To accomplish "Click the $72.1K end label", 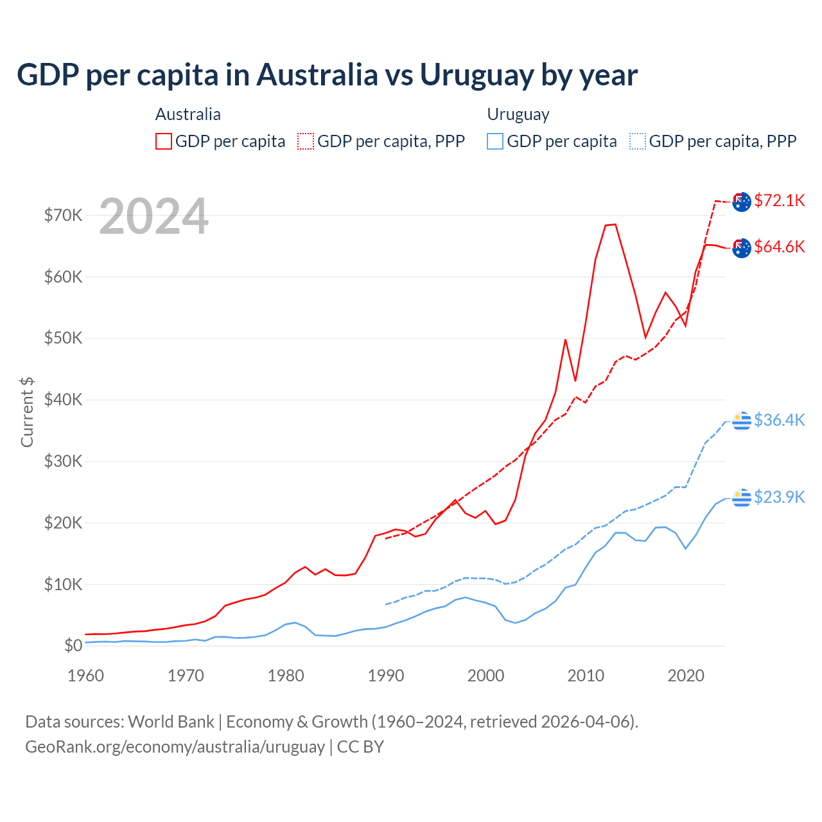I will click(x=779, y=200).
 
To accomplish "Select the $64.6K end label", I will click(x=779, y=247).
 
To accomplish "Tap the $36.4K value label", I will click(x=779, y=420).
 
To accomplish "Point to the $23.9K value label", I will click(x=779, y=497).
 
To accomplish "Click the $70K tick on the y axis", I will click(x=63, y=215).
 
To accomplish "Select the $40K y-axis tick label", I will click(x=63, y=399).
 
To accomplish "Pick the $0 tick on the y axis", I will click(x=73, y=645).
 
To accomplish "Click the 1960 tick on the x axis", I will click(x=85, y=676).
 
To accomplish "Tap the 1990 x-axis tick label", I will click(x=386, y=676).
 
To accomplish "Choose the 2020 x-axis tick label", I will click(x=686, y=676).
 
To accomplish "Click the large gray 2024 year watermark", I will click(x=153, y=216).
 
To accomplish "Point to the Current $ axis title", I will click(x=27, y=412).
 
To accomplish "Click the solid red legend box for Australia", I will click(x=164, y=141).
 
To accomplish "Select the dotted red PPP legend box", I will click(x=306, y=141).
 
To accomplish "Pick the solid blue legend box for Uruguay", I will click(x=495, y=141).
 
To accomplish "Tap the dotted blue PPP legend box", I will click(x=638, y=141).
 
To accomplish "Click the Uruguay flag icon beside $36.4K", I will click(x=742, y=421).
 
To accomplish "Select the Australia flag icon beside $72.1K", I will click(x=742, y=201).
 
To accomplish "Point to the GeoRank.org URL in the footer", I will click(x=175, y=747).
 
